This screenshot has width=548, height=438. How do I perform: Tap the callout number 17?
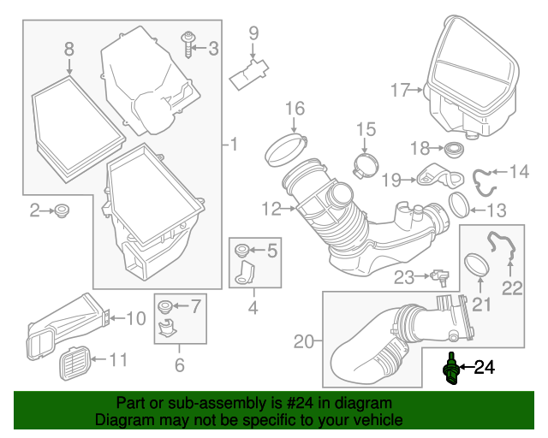pyautogui.click(x=400, y=90)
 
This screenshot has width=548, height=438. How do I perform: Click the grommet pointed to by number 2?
pyautogui.click(x=62, y=210)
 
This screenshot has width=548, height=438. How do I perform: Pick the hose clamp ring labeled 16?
pyautogui.click(x=286, y=149)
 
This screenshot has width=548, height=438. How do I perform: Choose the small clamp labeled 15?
pyautogui.click(x=366, y=165)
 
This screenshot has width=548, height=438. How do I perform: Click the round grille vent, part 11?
pyautogui.click(x=74, y=364)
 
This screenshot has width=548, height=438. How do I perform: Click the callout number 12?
pyautogui.click(x=271, y=210)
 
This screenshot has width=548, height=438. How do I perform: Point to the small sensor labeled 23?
pyautogui.click(x=441, y=277)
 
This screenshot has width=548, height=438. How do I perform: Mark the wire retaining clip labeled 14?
pyautogui.click(x=483, y=181)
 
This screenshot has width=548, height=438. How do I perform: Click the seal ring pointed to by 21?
pyautogui.click(x=477, y=265)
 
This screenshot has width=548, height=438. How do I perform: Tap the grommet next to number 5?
pyautogui.click(x=241, y=250)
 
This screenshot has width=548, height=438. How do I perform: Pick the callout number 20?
pyautogui.click(x=303, y=341)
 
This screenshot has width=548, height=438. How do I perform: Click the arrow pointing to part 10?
pyautogui.click(x=116, y=318)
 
